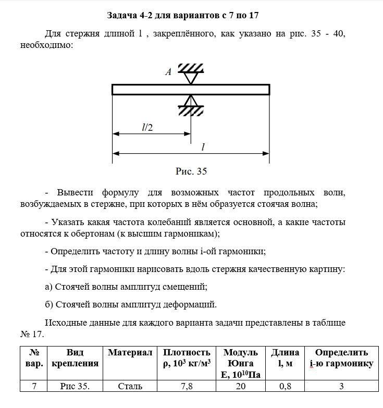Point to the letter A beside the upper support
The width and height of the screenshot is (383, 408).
point(168,72)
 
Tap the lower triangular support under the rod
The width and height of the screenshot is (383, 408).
point(191,101)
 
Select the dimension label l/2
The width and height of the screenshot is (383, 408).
point(147,127)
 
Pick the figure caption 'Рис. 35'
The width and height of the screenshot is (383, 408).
point(191,171)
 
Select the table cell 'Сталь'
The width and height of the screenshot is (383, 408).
point(130,386)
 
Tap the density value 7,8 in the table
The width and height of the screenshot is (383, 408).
point(187,386)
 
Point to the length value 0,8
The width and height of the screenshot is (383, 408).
point(284,386)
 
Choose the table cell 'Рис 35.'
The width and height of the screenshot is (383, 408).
point(75,386)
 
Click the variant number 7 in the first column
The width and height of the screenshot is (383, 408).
point(33,386)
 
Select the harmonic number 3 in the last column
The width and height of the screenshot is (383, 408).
point(341,386)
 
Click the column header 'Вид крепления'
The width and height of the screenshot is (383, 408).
point(75,358)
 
